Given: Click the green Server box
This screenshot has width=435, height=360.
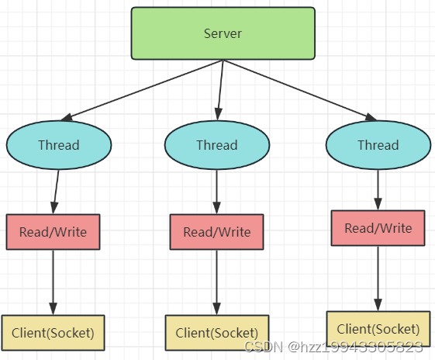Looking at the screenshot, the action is coord(223,33).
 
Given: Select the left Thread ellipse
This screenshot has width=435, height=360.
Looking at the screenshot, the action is coord(59,145).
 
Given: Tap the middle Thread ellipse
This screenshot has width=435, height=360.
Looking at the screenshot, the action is coord(217,145).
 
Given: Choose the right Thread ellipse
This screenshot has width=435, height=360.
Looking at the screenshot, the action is coord(378,145).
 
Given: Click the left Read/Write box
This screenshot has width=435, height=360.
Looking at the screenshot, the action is coord(53,232).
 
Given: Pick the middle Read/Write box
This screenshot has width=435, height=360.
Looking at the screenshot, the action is coord(216,232).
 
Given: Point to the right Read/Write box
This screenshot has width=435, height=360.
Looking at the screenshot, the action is coord(378,228).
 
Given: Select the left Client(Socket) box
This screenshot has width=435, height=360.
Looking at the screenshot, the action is coord(53,333).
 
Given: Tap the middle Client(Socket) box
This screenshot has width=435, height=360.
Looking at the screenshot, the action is coord(217,333).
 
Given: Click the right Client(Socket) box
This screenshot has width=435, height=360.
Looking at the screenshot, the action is coord(378,329).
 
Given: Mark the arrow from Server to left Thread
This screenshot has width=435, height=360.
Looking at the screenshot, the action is coord(143,90).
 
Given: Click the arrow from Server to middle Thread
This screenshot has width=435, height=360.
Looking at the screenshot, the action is coord(220,90).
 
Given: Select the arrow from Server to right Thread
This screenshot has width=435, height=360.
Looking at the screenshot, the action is coord(299,90).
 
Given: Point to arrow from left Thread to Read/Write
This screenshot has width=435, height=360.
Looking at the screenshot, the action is coord(56,192).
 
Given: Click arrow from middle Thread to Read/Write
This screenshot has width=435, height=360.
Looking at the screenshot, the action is coord(216,192).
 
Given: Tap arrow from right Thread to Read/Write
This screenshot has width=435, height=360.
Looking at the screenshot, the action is coord(378,190).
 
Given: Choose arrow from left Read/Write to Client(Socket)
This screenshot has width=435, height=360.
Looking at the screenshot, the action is coord(53,282).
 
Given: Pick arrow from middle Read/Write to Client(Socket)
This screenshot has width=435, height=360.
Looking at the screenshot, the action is coord(216,282).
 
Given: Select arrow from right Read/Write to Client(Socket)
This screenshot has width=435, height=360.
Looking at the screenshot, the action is coord(378,279).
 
